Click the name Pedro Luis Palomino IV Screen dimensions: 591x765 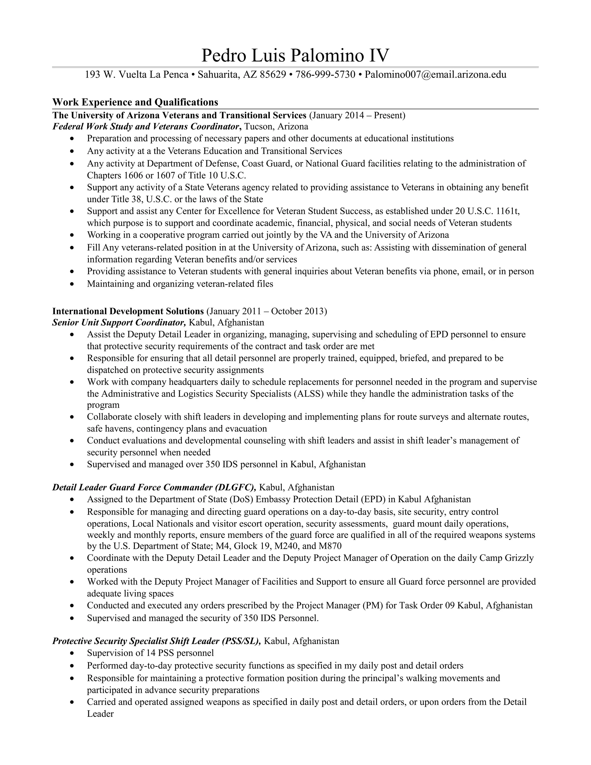[295, 56]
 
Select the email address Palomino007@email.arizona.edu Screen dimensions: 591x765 [435, 74]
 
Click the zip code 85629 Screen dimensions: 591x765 [273, 74]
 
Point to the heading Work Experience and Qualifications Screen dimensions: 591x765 [135, 102]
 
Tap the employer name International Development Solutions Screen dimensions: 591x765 [128, 311]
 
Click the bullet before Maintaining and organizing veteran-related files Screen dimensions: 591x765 [72, 284]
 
